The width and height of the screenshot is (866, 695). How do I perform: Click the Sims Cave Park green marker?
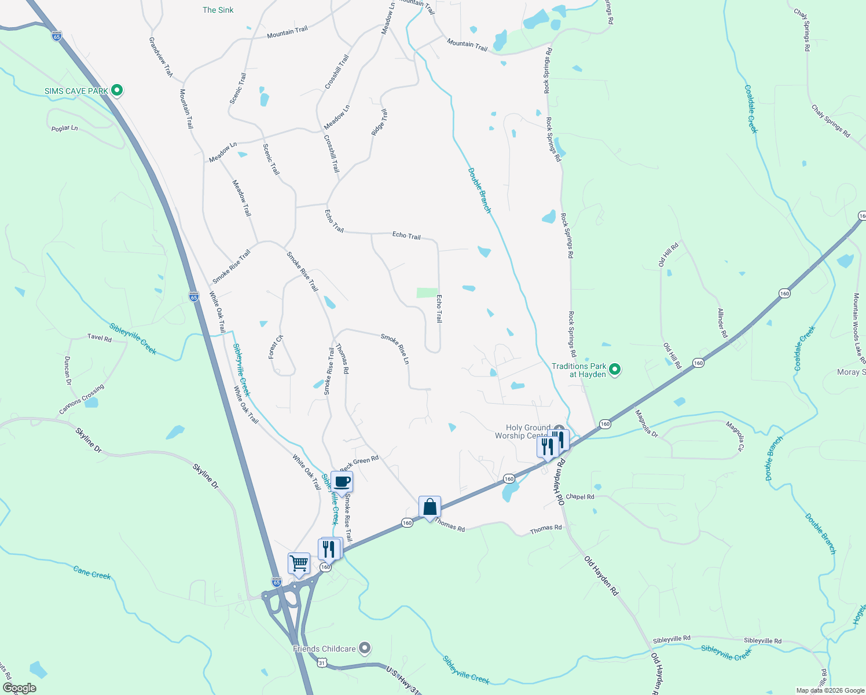pyautogui.click(x=117, y=90)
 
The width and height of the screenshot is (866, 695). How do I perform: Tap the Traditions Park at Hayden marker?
pyautogui.click(x=615, y=370)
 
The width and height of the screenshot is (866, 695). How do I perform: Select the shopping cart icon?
pyautogui.click(x=299, y=563)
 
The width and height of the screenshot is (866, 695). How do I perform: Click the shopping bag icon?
pyautogui.click(x=430, y=507)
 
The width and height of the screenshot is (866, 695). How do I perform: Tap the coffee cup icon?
pyautogui.click(x=342, y=481)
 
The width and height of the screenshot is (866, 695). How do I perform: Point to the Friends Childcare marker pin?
pyautogui.click(x=364, y=648)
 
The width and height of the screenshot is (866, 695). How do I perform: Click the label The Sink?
pyautogui.click(x=218, y=10)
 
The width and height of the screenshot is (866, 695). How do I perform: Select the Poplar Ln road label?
pyautogui.click(x=64, y=128)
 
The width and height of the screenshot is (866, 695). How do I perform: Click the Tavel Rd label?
pyautogui.click(x=99, y=337)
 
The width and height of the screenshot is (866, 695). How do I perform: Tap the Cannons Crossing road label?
pyautogui.click(x=82, y=400)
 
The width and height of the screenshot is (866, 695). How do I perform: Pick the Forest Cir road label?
pyautogui.click(x=276, y=346)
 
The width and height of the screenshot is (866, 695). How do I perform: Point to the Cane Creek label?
pyautogui.click(x=92, y=573)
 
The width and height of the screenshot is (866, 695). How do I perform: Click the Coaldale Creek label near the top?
pyautogui.click(x=751, y=109)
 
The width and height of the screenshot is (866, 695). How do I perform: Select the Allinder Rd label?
pyautogui.click(x=722, y=323)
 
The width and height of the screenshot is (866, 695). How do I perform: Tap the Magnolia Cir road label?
pyautogui.click(x=735, y=436)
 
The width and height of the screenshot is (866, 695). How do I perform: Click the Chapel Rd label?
pyautogui.click(x=579, y=497)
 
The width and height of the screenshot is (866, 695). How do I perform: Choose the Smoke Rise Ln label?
pyautogui.click(x=395, y=349)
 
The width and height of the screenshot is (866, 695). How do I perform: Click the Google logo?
pyautogui.click(x=20, y=687)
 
